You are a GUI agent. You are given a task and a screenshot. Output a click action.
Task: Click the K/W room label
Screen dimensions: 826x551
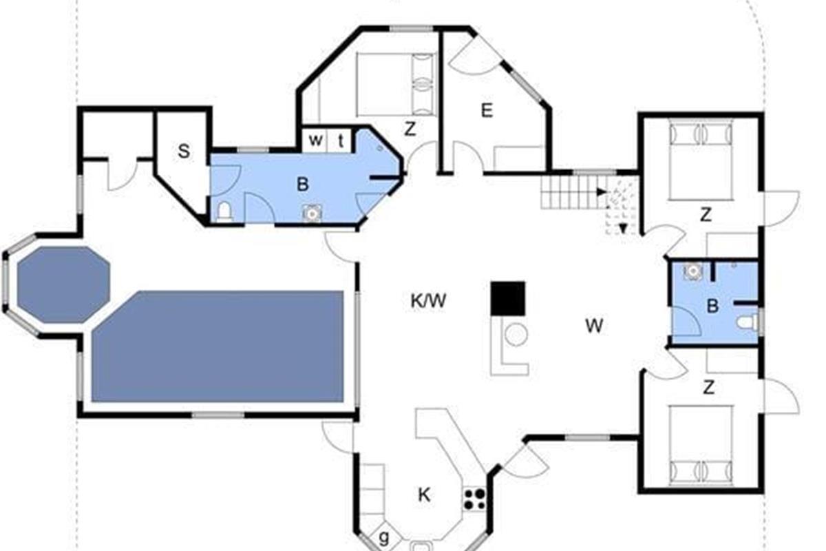tap(428, 301)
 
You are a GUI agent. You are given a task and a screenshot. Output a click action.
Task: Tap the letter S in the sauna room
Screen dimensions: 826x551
tap(184, 152)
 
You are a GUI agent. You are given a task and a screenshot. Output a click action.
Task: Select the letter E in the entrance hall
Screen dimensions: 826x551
tap(487, 110)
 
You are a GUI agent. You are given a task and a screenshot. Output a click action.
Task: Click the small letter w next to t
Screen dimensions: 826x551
tap(316, 141)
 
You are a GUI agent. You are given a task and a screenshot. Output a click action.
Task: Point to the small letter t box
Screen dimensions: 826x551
tap(341, 141)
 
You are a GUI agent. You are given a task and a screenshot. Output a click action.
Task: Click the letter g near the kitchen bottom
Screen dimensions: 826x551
tap(384, 537)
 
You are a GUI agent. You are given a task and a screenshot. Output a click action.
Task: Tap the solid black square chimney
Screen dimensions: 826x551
tap(508, 298)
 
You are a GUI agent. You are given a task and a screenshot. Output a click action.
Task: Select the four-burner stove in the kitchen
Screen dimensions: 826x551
tap(474, 499)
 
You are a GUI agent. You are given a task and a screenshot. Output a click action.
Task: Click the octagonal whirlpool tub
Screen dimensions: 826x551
tap(63, 284)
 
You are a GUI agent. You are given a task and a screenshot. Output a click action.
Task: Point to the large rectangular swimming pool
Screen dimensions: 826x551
tap(218, 346)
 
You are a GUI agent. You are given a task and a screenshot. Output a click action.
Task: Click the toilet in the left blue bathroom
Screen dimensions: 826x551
tap(224, 213)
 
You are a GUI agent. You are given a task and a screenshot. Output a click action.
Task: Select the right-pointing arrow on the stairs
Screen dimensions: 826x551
tap(602, 192)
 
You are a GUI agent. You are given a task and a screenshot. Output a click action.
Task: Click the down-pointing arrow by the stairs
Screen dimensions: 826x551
tap(623, 229)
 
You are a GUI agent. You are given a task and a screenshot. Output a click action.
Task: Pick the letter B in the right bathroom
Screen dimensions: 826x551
tap(712, 306)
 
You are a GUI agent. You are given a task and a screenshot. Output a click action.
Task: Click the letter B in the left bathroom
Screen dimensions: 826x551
tap(302, 184)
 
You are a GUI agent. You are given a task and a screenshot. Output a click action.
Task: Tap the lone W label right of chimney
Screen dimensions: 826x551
tap(594, 326)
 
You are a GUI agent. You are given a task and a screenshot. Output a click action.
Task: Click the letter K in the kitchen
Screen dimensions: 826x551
tap(424, 495)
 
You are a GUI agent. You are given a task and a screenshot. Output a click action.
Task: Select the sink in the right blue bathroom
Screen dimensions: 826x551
tap(693, 271)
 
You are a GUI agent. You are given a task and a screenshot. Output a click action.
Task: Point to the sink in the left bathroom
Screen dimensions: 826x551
tap(312, 214)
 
